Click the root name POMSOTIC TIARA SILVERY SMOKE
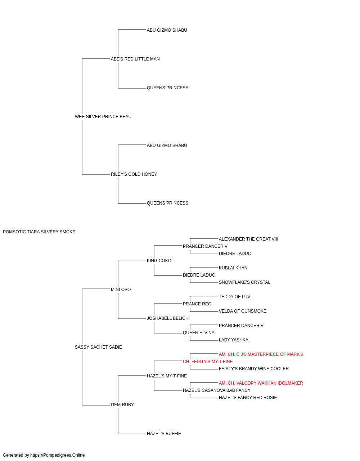click(39, 232)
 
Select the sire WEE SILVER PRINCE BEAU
click(103, 117)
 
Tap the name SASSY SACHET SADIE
click(98, 347)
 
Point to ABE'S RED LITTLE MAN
click(135, 59)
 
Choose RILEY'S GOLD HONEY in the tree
click(134, 174)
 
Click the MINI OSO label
click(121, 289)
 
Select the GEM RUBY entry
click(122, 404)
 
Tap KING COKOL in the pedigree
click(160, 260)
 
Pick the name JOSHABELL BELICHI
click(168, 318)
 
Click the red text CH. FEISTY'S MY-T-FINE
click(208, 362)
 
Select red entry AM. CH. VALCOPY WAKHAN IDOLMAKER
click(261, 383)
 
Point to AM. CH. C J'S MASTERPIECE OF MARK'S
click(261, 354)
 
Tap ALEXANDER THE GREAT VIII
click(248, 239)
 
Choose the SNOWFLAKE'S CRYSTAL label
click(245, 282)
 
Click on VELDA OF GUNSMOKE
click(243, 311)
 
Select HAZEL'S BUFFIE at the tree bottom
click(164, 433)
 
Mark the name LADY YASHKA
click(234, 340)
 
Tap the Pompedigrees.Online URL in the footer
click(58, 455)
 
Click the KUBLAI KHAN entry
click(233, 268)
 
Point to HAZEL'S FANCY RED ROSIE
click(248, 398)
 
